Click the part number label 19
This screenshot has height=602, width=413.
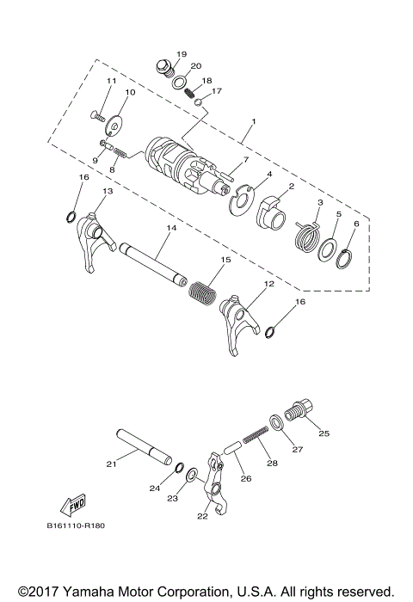182,54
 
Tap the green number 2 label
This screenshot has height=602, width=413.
292,186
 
